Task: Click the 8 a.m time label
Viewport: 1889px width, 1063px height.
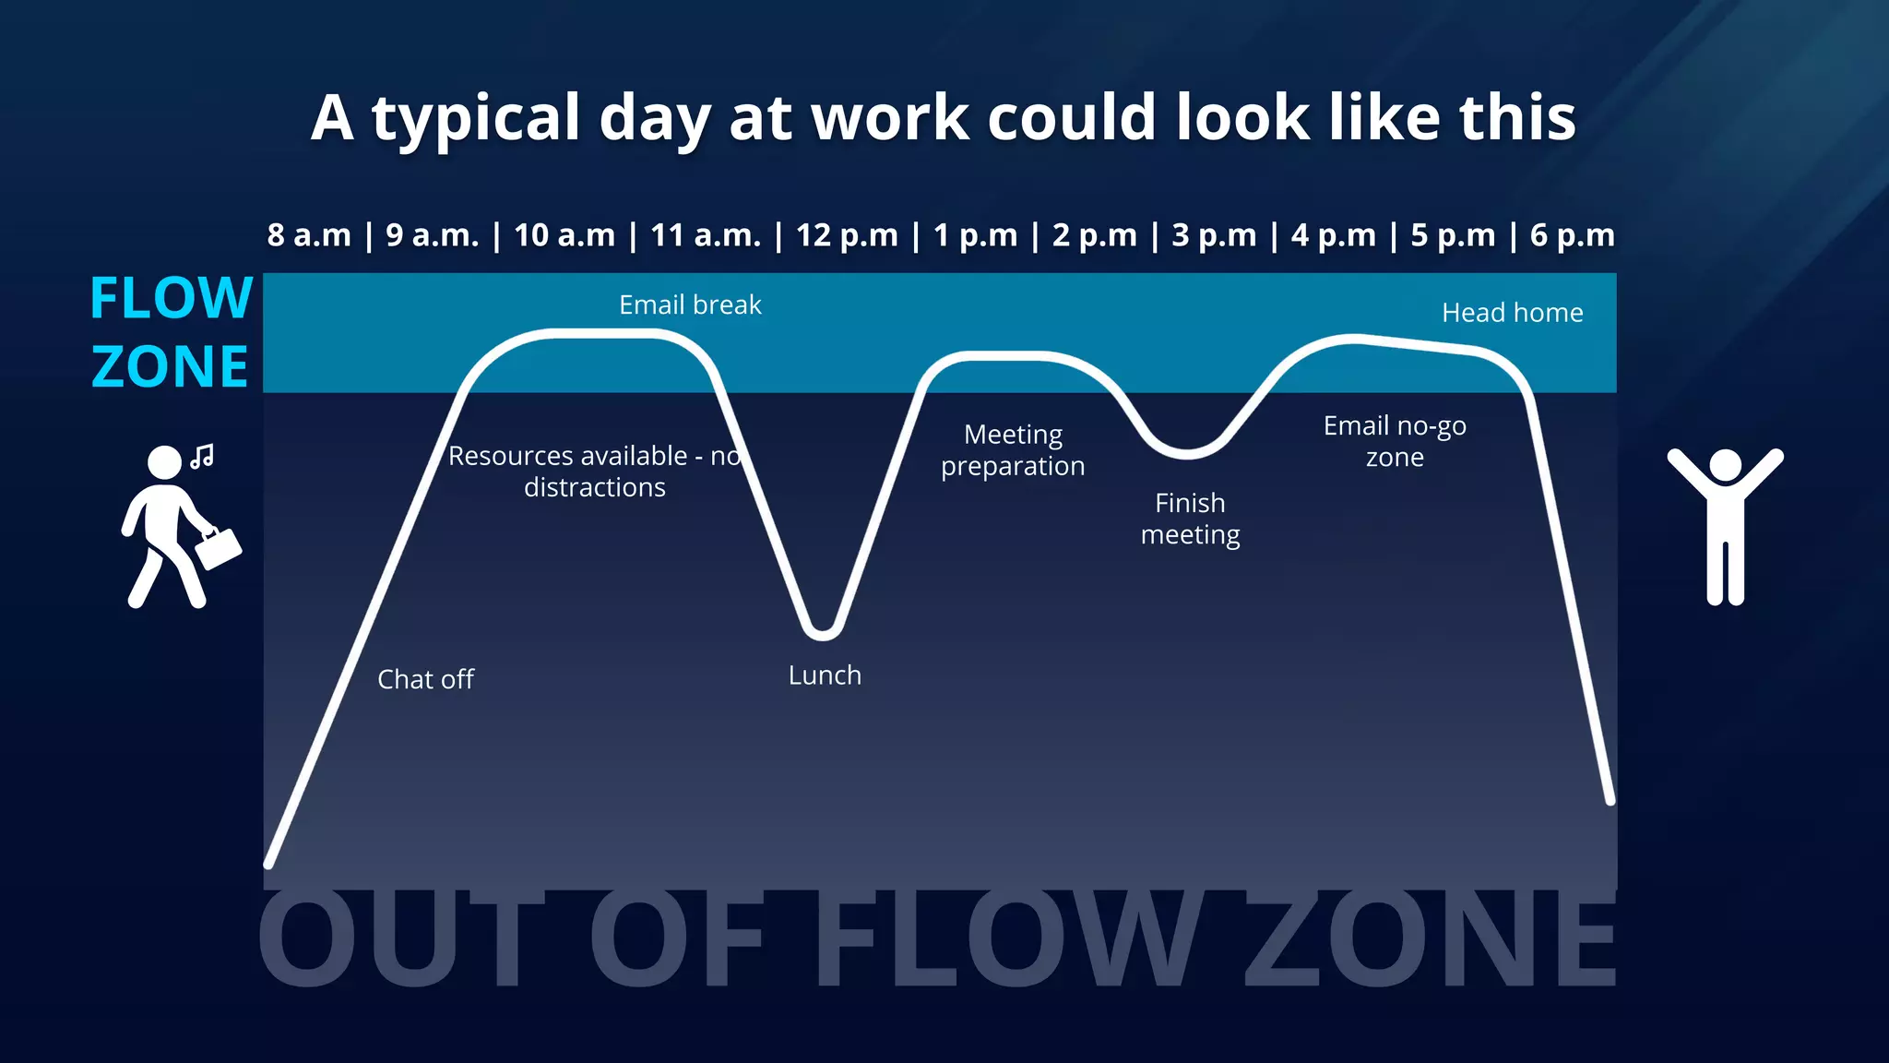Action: pos(309,235)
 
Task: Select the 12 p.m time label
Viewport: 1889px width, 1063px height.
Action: pos(847,235)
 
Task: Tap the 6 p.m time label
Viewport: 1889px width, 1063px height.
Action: pos(1572,235)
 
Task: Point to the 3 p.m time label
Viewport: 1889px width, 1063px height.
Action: pos(1214,235)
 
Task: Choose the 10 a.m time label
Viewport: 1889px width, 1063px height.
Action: pos(564,235)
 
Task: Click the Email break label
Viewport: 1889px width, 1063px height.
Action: pos(690,305)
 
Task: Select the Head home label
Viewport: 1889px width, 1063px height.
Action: pos(1512,313)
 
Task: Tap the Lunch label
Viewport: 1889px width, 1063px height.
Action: pos(825,675)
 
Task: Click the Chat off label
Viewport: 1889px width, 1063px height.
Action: pos(425,679)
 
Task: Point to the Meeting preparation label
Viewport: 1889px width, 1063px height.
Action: pos(1013,450)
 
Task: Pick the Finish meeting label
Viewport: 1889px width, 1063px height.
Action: pos(1190,519)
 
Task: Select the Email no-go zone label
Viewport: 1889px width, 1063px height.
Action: pos(1395,441)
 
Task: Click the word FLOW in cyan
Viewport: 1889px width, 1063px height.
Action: pos(172,298)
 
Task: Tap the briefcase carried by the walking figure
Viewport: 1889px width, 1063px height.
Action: pos(219,547)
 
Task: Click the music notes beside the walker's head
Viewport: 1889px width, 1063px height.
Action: pos(203,456)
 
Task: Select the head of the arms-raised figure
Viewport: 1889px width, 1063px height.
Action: pos(1725,465)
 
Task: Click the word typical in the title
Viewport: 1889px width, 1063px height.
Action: pos(476,118)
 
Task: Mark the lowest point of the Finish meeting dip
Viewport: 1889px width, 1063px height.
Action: pos(1187,453)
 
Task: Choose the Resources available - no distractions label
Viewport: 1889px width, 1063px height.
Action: pos(595,472)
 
